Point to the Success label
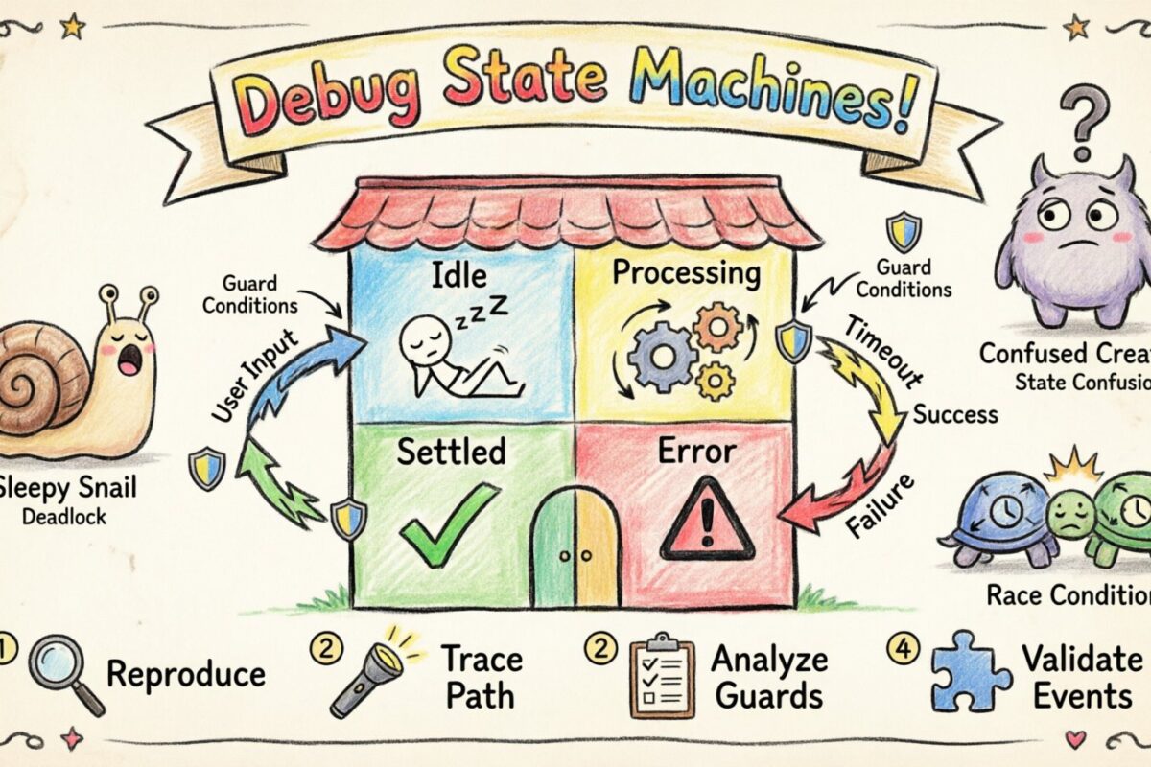pos(954,415)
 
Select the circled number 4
pos(901,650)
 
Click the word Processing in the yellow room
pos(686,273)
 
